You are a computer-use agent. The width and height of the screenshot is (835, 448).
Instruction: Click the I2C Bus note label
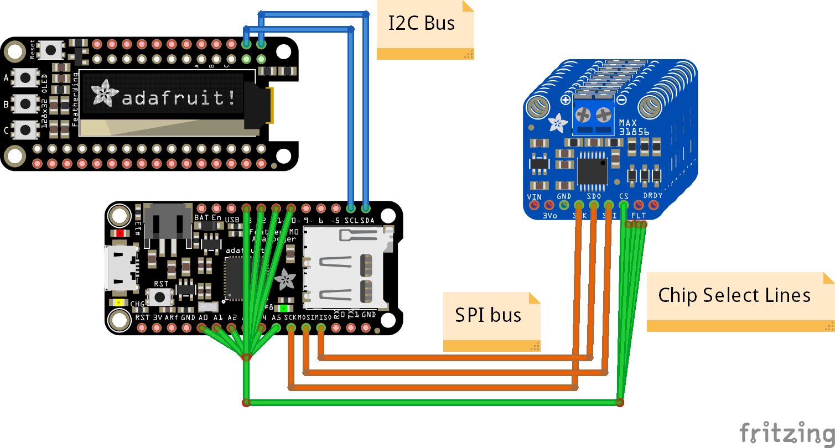point(422,24)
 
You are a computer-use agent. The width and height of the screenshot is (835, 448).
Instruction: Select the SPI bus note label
point(488,315)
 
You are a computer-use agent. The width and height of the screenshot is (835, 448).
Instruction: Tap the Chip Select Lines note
point(734,295)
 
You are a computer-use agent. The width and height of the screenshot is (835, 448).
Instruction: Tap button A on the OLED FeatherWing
point(25,77)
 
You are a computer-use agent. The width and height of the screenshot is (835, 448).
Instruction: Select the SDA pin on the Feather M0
point(366,209)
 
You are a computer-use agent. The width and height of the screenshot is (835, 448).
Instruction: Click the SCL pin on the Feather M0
point(351,209)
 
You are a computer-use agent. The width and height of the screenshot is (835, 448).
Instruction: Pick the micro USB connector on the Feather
point(121,268)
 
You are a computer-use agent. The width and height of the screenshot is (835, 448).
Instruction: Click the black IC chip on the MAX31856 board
point(592,171)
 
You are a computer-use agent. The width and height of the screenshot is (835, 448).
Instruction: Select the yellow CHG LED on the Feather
point(119,303)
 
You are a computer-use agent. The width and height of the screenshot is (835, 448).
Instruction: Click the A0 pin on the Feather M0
point(203,327)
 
